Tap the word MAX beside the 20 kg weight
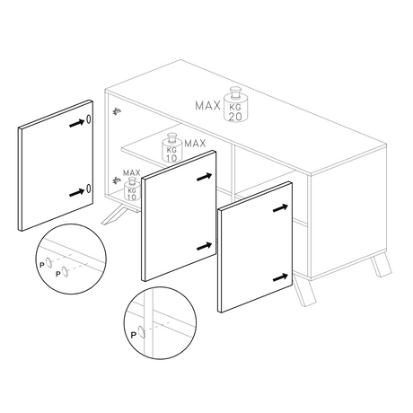point(208,106)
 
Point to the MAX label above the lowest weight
point(132,172)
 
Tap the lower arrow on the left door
point(77,189)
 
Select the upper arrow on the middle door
point(206,176)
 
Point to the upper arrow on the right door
point(281,208)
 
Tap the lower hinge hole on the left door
point(90,189)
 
